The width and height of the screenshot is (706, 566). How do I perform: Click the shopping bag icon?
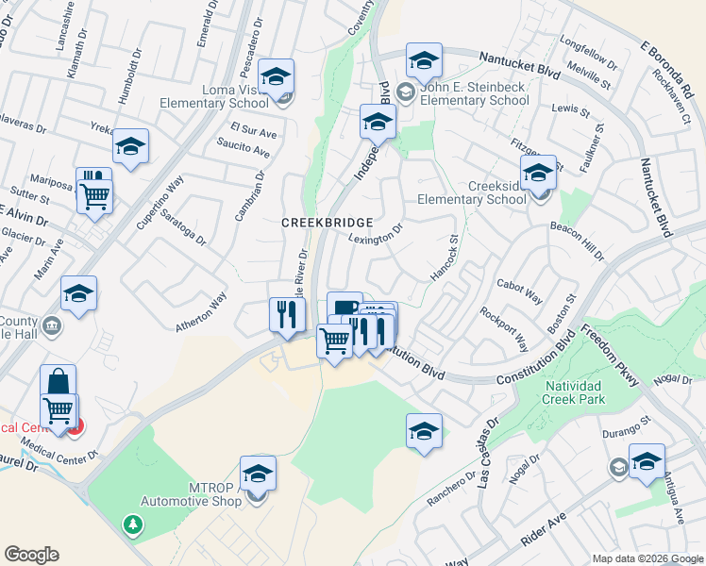coord(58,382)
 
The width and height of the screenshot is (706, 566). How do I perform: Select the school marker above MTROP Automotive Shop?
coord(258,474)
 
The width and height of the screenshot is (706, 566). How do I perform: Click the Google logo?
coord(31,555)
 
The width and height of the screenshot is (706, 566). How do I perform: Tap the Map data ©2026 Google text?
coord(647,558)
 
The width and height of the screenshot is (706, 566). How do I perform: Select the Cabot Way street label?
coord(520,291)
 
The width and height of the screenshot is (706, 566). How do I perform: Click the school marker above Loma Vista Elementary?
coord(277,75)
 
